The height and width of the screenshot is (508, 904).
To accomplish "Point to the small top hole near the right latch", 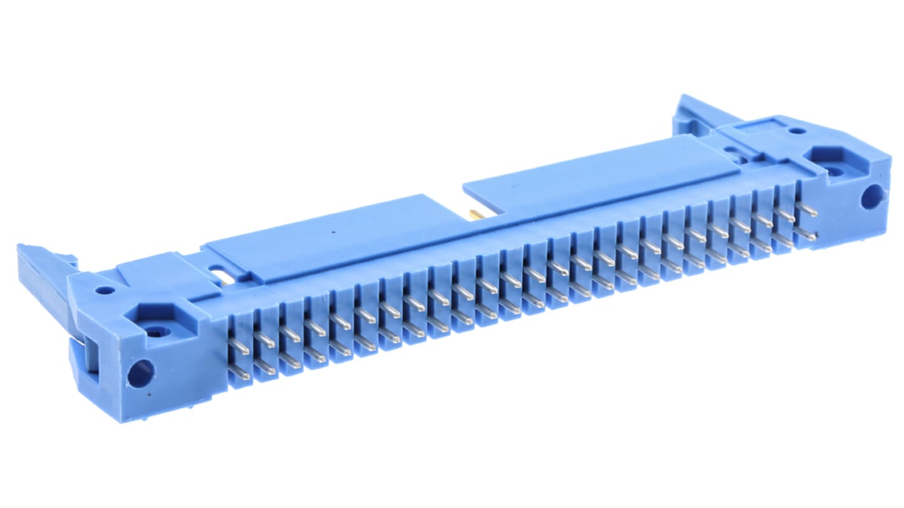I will pos(796,131).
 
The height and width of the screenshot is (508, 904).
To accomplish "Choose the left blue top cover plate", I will pos(331,239).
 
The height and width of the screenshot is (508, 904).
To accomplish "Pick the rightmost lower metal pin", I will pos(807,233).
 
